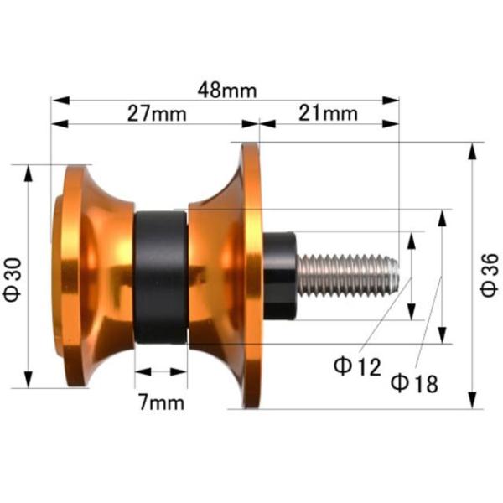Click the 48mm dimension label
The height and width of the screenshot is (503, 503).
pos(227,91)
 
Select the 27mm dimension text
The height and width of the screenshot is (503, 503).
pos(157,114)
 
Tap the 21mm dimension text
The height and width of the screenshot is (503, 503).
pos(328,113)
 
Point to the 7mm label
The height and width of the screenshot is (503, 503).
pos(162,402)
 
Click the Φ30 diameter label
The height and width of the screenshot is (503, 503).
pos(13,280)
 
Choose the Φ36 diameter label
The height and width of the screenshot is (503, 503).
pos(490,275)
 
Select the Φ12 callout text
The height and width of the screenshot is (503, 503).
pos(357,366)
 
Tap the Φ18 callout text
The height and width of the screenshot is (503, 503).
pos(414,384)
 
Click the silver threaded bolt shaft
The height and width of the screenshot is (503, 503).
pos(348,275)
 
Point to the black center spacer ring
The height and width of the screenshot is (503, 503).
pos(161,277)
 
